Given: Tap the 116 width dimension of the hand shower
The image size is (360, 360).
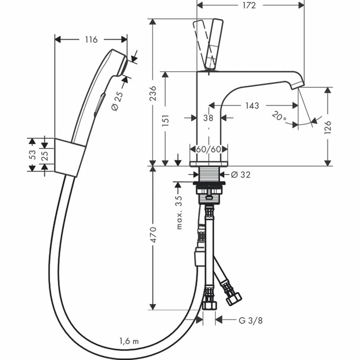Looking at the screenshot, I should (x=91, y=40).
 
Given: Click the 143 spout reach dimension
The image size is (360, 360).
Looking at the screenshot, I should (x=252, y=105).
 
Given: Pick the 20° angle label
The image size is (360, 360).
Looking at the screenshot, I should (x=279, y=116).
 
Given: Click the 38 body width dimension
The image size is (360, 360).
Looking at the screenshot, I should (x=208, y=118).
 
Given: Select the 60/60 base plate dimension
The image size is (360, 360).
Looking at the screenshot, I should (x=209, y=149).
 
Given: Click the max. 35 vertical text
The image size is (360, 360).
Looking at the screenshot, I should (x=179, y=212).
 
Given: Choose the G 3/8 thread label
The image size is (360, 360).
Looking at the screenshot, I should (x=251, y=320).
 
